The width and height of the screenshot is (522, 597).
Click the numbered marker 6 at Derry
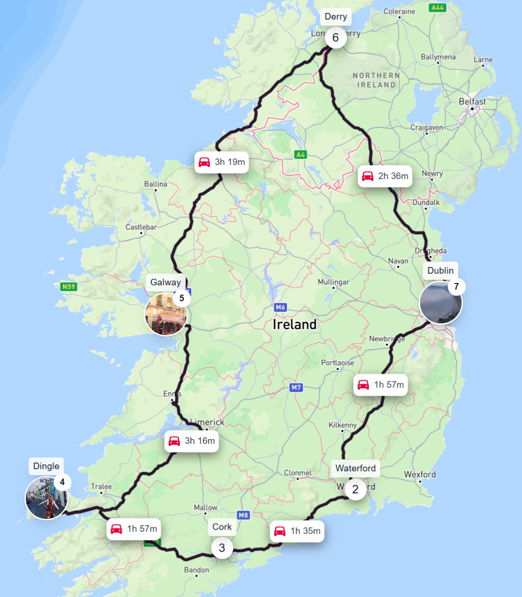tap(335, 38)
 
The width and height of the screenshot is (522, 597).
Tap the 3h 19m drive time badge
tap(221, 162)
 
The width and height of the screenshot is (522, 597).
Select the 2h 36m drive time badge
tap(385, 176)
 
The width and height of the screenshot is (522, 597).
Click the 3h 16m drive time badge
tap(191, 441)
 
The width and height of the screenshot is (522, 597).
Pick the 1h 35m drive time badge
tap(297, 531)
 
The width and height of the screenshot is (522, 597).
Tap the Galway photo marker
tap(166, 314)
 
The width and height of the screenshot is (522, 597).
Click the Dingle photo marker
tap(46, 498)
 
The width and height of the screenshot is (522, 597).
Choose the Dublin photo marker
tap(440, 303)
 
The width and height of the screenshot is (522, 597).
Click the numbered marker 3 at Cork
tap(222, 548)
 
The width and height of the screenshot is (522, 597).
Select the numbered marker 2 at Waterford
tap(355, 490)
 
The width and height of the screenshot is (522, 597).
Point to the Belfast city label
tap(472, 102)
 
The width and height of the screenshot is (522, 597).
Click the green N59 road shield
tap(68, 287)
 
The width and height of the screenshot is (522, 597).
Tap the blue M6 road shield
tap(280, 307)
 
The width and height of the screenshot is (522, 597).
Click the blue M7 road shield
tap(296, 388)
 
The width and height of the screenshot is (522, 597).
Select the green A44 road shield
tap(437, 7)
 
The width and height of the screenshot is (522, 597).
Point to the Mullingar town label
tap(333, 282)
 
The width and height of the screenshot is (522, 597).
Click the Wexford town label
tap(420, 474)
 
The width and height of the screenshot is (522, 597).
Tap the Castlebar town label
tap(141, 227)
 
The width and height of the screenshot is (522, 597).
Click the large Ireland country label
tap(295, 324)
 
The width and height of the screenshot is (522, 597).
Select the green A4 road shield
tap(301, 154)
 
